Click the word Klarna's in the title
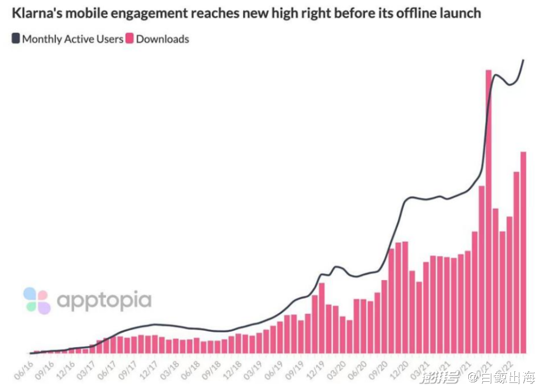point(36,13)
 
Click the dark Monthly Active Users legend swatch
point(16,39)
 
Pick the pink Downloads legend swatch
point(130,39)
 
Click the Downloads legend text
point(162,39)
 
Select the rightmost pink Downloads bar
point(523,253)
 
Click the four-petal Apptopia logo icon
point(37,300)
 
